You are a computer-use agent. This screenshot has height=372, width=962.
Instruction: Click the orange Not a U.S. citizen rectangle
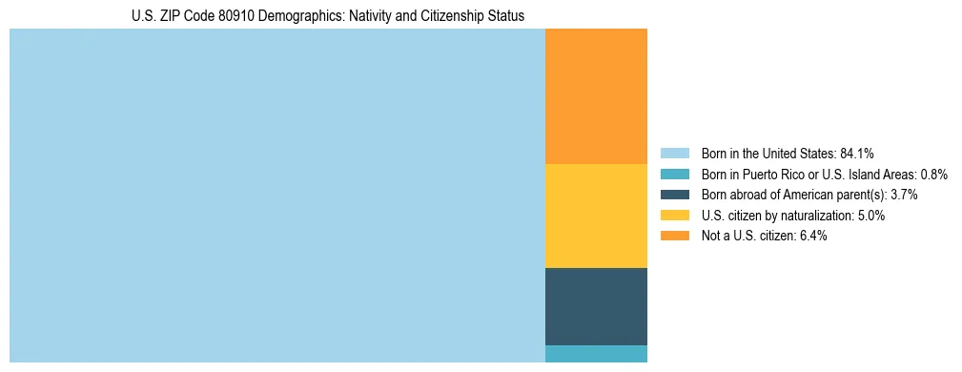coord(596,95)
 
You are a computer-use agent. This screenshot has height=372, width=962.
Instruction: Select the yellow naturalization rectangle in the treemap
coord(596,216)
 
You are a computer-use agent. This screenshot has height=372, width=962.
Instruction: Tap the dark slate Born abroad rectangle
coord(596,305)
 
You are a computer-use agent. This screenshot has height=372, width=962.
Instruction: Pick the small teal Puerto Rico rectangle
coord(596,354)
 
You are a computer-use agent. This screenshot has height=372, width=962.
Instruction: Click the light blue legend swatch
coord(674,154)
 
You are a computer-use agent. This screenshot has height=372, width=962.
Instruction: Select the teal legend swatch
coord(674,175)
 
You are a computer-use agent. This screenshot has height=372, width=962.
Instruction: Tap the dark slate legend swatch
coord(674,195)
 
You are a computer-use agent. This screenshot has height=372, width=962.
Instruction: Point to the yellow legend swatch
coord(674,216)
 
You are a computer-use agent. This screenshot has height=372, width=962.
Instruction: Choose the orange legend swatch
coord(674,236)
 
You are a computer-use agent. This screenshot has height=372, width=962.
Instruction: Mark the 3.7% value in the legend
coord(904,195)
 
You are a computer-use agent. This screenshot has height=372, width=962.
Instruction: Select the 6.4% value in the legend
coord(812,236)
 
